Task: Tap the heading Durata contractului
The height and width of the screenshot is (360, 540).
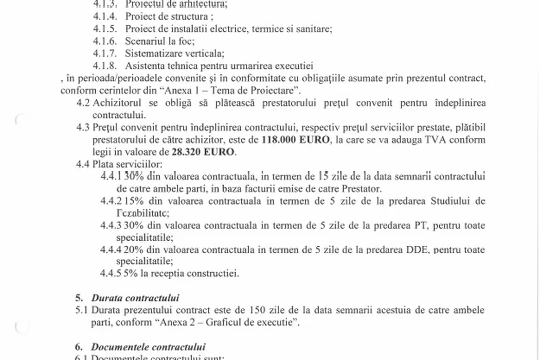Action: (135, 298)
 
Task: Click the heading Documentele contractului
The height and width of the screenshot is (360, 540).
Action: (148, 347)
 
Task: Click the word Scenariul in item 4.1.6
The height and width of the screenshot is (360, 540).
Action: (142, 41)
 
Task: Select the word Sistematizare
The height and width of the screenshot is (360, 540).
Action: (151, 53)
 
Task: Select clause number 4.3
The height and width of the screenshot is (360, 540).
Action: (83, 128)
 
